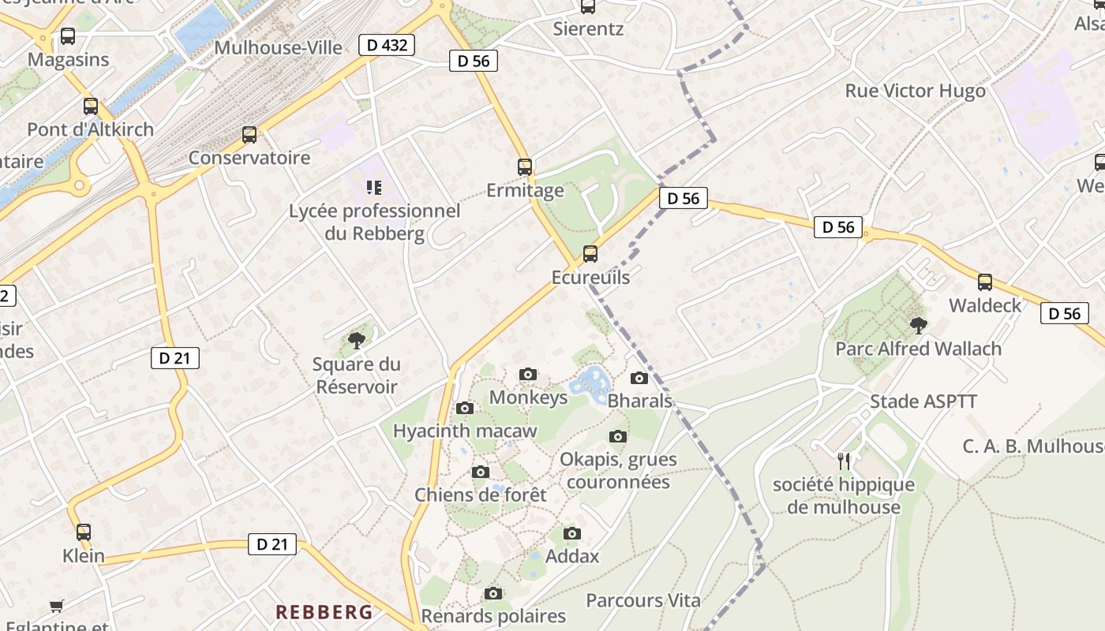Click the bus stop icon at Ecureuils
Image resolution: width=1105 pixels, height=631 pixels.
[590, 254]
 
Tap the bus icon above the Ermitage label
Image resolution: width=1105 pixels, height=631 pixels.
[525, 167]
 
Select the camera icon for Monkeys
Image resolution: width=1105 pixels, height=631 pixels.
[528, 375]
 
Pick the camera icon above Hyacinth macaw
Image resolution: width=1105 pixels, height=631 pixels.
[465, 409]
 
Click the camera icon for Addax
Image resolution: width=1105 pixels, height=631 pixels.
[572, 534]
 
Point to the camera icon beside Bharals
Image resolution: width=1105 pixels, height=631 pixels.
[639, 379]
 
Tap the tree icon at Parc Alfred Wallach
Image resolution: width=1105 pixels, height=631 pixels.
[918, 325]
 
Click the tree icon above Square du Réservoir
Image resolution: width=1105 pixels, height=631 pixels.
[357, 341]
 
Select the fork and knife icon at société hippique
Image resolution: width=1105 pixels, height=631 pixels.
[844, 461]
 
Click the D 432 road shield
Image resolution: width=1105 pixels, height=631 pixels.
[387, 45]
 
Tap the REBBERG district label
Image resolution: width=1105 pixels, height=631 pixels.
[324, 612]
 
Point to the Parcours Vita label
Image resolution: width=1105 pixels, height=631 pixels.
[642, 600]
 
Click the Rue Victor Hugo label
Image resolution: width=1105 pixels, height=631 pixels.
[915, 91]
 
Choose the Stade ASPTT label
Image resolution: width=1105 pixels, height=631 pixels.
[923, 401]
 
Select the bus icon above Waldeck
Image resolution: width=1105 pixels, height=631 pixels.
[984, 282]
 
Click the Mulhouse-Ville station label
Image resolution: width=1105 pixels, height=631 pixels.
[278, 47]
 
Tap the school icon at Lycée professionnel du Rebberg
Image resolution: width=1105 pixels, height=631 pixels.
[374, 188]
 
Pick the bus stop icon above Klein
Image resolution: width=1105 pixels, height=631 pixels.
[84, 532]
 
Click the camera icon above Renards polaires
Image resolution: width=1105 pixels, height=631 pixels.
[493, 593]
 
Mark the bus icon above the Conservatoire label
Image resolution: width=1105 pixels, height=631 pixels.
[249, 135]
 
